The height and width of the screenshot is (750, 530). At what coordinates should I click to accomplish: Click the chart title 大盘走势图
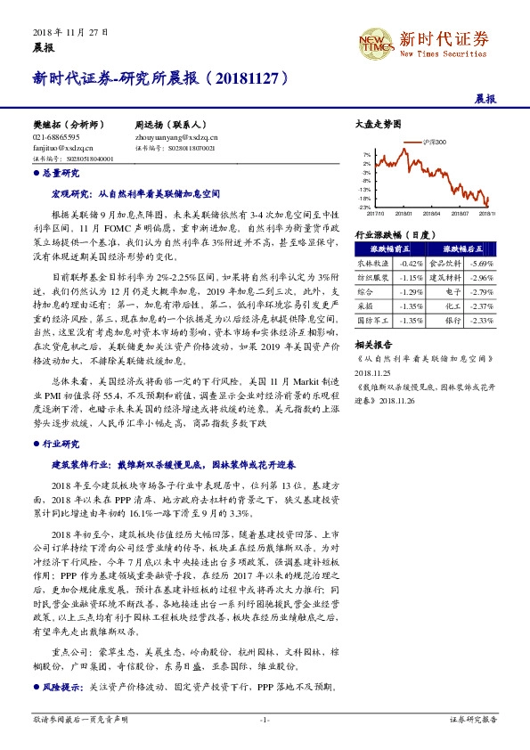(372, 125)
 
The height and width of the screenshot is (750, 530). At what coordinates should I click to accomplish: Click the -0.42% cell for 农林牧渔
(410, 264)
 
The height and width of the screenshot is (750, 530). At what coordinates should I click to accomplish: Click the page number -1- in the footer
(264, 718)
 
